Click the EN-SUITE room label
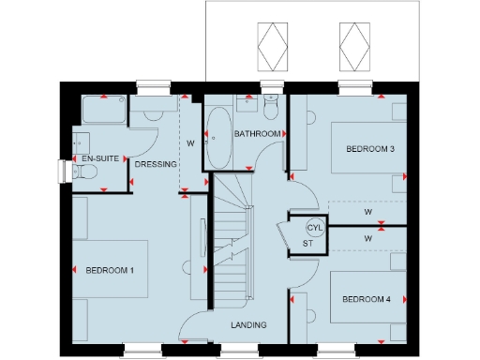[x=99, y=159]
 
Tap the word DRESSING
[x=156, y=164]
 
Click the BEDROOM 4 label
[x=367, y=299]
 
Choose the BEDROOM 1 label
[x=111, y=270]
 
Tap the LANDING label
[x=248, y=324]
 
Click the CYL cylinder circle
[x=314, y=228]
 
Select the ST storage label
[x=306, y=244]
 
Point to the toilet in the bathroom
[x=270, y=109]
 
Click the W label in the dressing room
[x=190, y=143]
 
